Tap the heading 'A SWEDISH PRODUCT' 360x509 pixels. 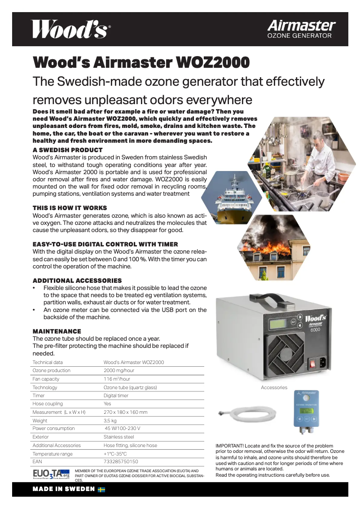[67, 150]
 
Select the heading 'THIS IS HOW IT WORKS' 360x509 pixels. [70, 208]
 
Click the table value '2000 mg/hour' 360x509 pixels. [119, 370]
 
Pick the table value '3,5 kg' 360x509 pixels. [110, 421]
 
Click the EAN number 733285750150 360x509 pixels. [121, 461]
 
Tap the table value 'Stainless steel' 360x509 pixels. [119, 437]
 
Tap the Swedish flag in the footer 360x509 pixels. [101, 489]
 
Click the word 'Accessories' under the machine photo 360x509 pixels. [274, 387]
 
